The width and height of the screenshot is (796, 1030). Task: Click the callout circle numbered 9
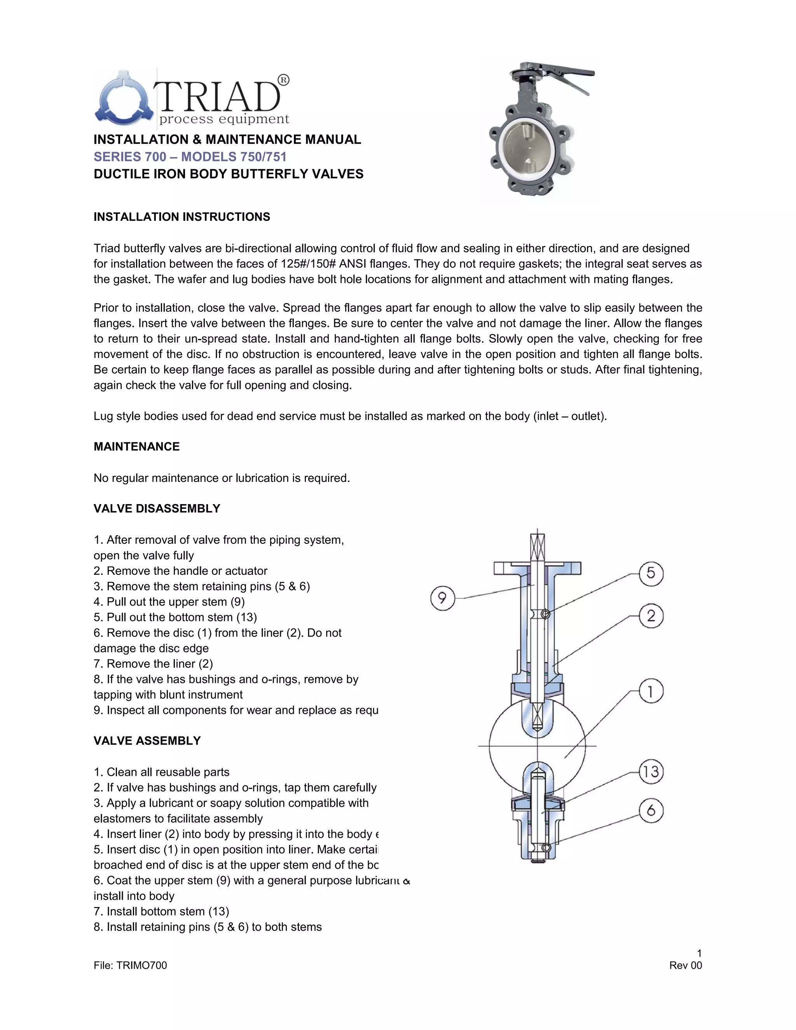pyautogui.click(x=442, y=598)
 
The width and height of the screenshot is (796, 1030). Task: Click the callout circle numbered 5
pyautogui.click(x=651, y=573)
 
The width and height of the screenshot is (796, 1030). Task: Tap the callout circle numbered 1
pyautogui.click(x=651, y=691)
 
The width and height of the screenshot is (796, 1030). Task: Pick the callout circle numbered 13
pyautogui.click(x=651, y=772)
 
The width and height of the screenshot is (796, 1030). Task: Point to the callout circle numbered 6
pyautogui.click(x=651, y=810)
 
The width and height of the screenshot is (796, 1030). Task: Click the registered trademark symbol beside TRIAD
pyautogui.click(x=283, y=80)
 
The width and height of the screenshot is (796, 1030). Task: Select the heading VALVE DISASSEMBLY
pyautogui.click(x=157, y=508)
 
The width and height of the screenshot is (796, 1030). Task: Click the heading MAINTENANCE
pyautogui.click(x=137, y=447)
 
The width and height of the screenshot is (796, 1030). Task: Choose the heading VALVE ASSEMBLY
pyautogui.click(x=147, y=740)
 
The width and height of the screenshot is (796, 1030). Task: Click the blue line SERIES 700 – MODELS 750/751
pyautogui.click(x=190, y=157)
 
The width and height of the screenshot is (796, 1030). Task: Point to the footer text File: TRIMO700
pyautogui.click(x=130, y=965)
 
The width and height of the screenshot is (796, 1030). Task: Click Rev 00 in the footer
pyautogui.click(x=685, y=965)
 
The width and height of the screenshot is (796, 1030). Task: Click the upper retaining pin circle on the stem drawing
pyautogui.click(x=546, y=614)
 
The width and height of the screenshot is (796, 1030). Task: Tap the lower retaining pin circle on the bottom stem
pyautogui.click(x=546, y=847)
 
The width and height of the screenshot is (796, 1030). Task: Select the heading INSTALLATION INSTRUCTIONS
pyautogui.click(x=182, y=217)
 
